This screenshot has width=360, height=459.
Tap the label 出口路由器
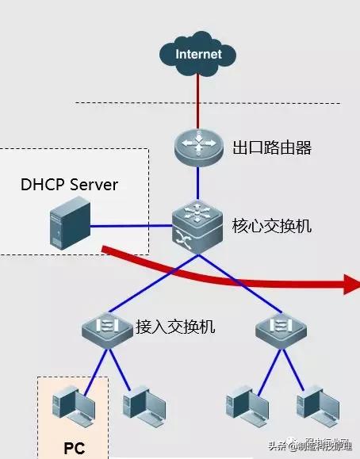[272, 148]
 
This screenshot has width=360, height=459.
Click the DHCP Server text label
[69, 186]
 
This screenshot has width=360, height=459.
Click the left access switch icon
[108, 327]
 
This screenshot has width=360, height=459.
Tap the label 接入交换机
[175, 327]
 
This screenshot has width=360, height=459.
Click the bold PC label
[75, 448]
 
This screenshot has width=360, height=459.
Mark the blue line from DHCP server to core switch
[131, 226]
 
